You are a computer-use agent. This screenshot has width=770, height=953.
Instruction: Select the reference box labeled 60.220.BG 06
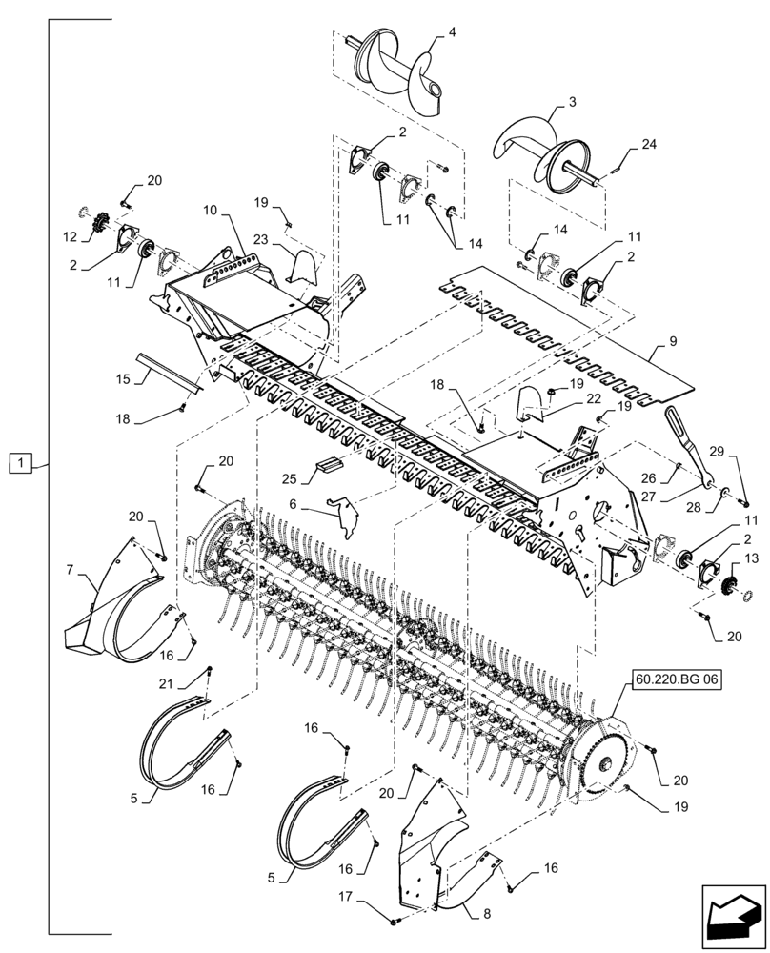675,681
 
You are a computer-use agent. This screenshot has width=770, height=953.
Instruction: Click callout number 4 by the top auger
452,32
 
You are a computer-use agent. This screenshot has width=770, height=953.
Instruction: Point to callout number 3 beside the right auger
572,100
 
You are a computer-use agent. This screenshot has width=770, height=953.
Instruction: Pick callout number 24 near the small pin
649,145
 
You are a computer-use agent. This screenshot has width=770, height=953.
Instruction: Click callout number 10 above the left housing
210,209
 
